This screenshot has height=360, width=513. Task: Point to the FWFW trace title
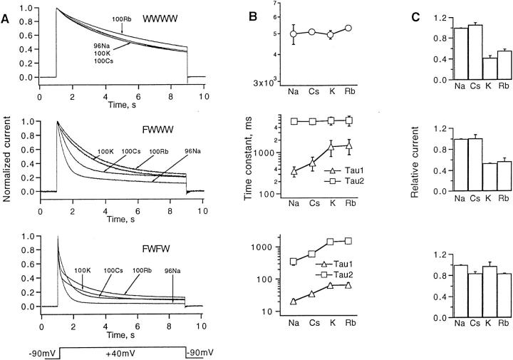[150, 233]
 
